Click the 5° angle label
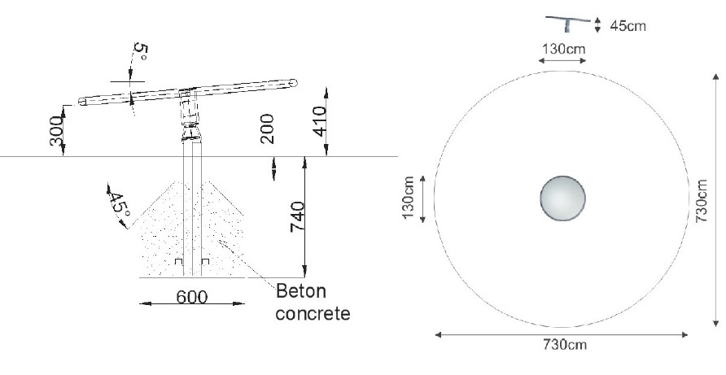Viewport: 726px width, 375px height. coord(140,52)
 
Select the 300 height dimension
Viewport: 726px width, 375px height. coord(57,131)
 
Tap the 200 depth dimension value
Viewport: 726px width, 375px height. coord(267,129)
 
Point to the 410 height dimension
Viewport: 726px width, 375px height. coord(320,121)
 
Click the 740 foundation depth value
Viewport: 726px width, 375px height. coord(297,216)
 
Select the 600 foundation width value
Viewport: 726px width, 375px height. coord(192,297)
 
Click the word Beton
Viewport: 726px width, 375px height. coord(301,292)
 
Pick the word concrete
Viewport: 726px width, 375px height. coord(313,313)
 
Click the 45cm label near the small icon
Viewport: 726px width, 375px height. coord(628,26)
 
